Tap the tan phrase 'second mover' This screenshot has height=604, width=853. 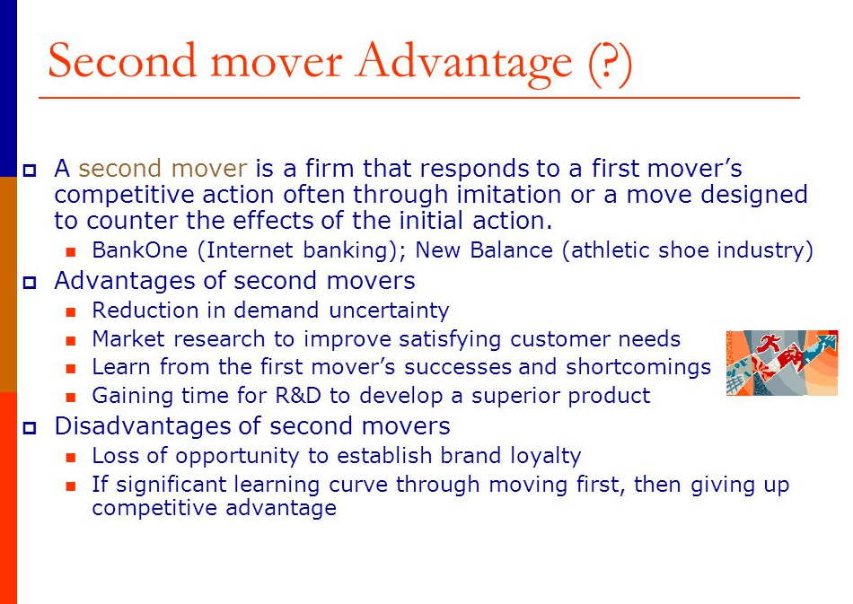[x=163, y=168]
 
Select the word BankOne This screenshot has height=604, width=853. [x=140, y=250]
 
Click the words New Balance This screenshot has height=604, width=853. [x=484, y=250]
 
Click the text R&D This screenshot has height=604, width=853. [x=298, y=395]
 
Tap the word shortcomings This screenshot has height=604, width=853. [x=638, y=368]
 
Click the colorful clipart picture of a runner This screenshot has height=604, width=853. [x=782, y=363]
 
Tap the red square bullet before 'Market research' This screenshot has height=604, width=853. [x=71, y=341]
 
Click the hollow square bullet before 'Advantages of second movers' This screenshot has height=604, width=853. [x=30, y=282]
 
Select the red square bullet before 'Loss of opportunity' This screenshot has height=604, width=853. [x=71, y=457]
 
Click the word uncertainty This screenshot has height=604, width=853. [x=389, y=311]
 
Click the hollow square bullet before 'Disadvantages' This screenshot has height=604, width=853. [x=30, y=427]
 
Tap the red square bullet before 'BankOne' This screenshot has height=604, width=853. [x=71, y=251]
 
